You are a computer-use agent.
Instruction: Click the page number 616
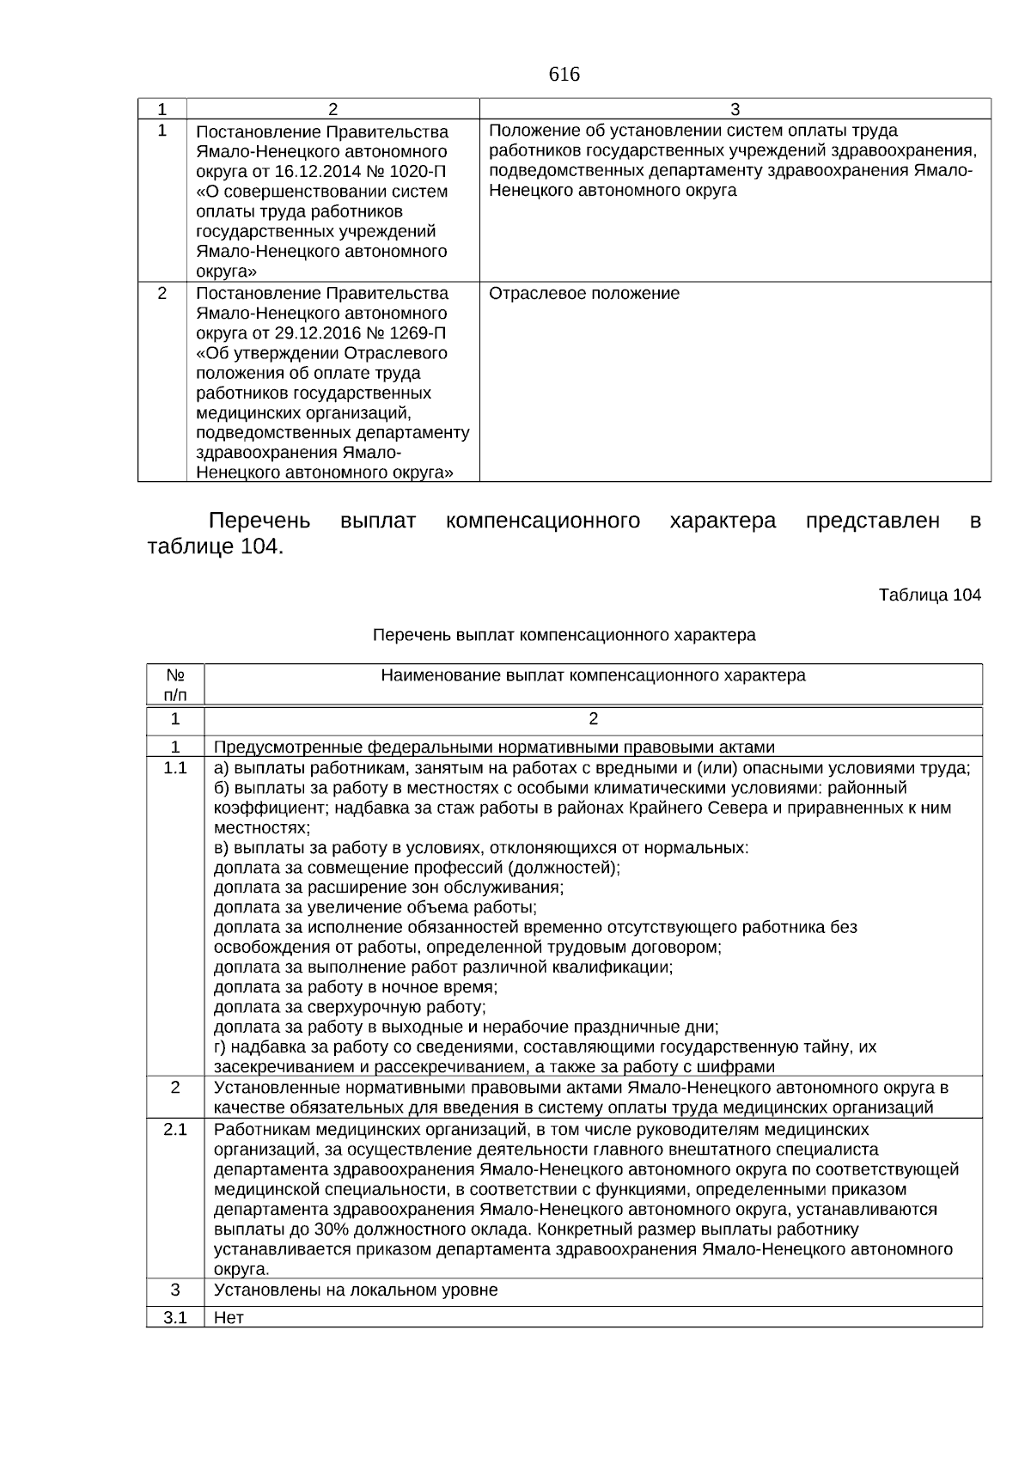click(564, 75)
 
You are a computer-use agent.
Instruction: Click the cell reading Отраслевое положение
click(584, 294)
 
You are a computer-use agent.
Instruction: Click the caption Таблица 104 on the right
click(930, 595)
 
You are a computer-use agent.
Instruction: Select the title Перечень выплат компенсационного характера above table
click(564, 635)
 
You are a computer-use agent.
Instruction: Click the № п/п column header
click(175, 685)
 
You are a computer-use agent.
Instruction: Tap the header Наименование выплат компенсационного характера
click(593, 675)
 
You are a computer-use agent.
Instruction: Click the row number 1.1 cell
click(175, 768)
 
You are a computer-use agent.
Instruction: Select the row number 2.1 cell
click(175, 1129)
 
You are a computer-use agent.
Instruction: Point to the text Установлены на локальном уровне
click(356, 1290)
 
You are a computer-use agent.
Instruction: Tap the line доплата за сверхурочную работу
click(350, 1007)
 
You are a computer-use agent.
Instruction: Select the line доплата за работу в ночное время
click(356, 987)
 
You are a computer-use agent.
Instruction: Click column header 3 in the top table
click(735, 108)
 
